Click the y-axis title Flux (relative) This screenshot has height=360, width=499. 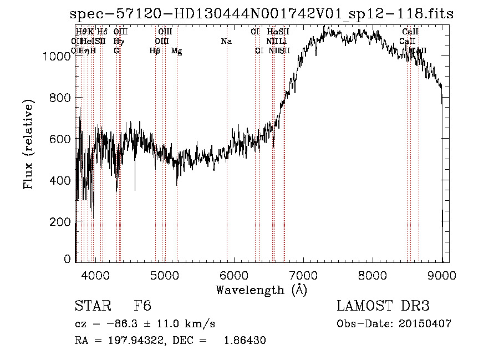(28, 144)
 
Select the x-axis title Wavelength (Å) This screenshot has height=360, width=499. (261, 290)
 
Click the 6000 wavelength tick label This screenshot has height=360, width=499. (233, 274)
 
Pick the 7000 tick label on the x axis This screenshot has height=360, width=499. (303, 274)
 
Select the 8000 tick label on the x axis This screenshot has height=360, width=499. (372, 274)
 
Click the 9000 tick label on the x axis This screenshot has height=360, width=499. (441, 274)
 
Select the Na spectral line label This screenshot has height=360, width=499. (226, 42)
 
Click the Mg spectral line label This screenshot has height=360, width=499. (176, 51)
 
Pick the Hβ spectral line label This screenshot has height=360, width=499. (155, 51)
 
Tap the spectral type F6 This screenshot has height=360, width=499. (142, 306)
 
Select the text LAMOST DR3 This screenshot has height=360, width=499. (383, 306)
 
